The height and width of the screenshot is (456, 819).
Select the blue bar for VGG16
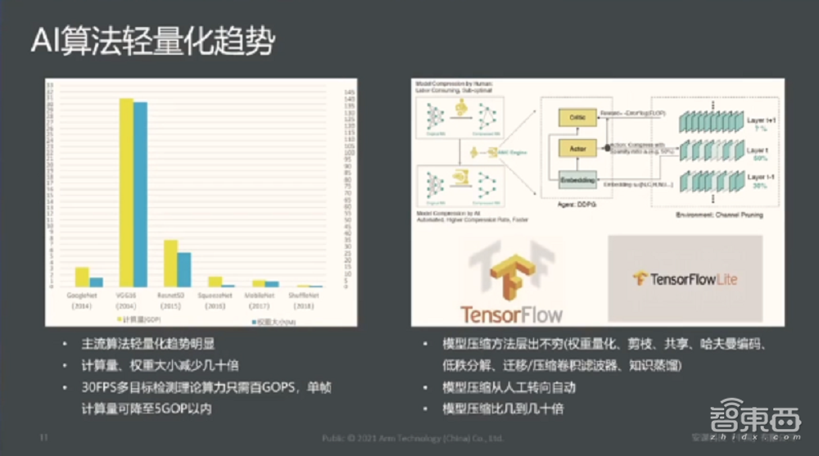pos(140,194)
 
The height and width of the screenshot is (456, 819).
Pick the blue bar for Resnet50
pos(184,269)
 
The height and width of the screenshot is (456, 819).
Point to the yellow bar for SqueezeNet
pos(214,282)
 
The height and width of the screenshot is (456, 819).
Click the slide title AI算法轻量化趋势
pos(152,39)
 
